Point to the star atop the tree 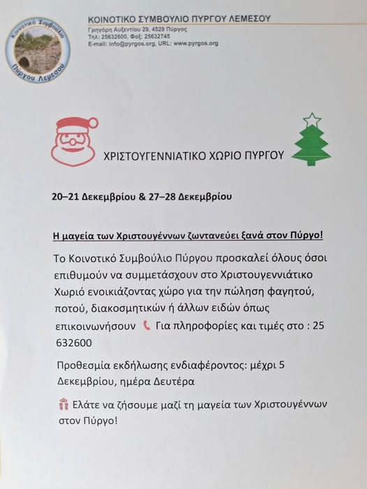(313, 119)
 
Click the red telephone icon (147, 325)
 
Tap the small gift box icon (64, 404)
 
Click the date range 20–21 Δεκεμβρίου (91, 197)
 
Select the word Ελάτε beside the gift (89, 405)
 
